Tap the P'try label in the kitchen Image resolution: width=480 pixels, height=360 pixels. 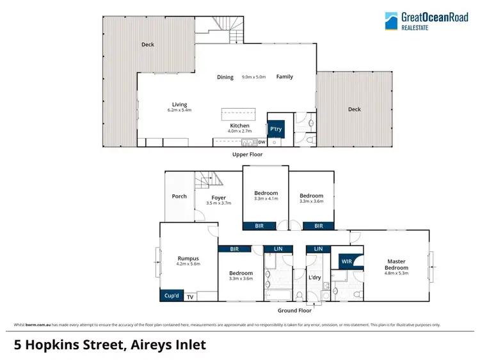pyautogui.click(x=276, y=129)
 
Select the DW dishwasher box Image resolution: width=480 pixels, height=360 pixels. pyautogui.click(x=261, y=142)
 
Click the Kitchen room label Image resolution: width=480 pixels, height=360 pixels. pyautogui.click(x=239, y=125)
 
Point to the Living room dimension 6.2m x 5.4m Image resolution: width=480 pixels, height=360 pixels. pyautogui.click(x=179, y=110)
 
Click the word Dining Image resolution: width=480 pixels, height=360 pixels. pyautogui.click(x=225, y=77)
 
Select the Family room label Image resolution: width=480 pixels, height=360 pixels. pyautogui.click(x=285, y=77)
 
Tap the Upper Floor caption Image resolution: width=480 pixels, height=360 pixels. pyautogui.click(x=247, y=155)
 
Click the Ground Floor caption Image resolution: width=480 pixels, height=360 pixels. pyautogui.click(x=294, y=310)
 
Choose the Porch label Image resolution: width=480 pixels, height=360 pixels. pyautogui.click(x=179, y=196)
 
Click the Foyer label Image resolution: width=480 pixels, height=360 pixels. pyautogui.click(x=219, y=198)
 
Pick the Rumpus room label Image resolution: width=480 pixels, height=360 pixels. pyautogui.click(x=188, y=258)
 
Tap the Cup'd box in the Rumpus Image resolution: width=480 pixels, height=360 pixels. pyautogui.click(x=171, y=296)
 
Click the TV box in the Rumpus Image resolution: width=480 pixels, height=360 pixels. pyautogui.click(x=190, y=297)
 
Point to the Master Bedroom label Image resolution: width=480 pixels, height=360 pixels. pyautogui.click(x=396, y=264)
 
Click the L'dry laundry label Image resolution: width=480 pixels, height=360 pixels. pyautogui.click(x=315, y=278)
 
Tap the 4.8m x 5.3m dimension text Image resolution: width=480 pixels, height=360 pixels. pyautogui.click(x=396, y=273)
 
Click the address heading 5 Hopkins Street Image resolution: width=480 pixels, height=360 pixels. pyautogui.click(x=110, y=345)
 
